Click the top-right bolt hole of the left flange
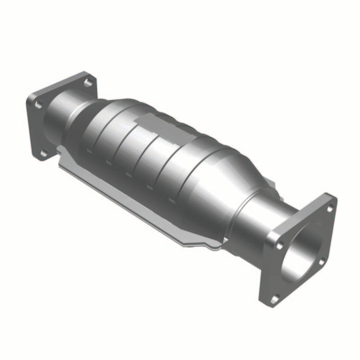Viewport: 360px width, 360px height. click(x=88, y=82)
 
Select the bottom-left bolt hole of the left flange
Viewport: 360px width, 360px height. click(x=44, y=153)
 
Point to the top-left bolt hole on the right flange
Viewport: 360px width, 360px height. click(x=279, y=246)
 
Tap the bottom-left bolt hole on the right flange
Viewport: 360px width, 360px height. click(x=275, y=297)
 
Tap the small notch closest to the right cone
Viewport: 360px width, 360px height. click(x=171, y=198)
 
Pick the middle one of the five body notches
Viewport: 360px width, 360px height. click(x=129, y=174)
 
